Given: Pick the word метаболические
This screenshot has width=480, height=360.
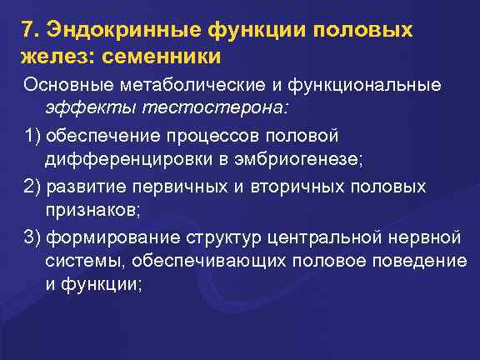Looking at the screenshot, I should (x=176, y=85).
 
